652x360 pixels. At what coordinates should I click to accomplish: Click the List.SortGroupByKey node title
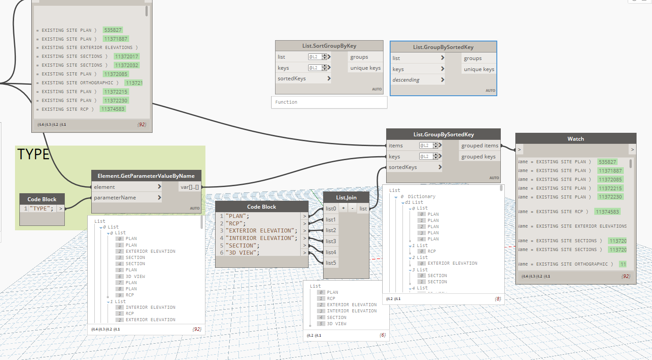[329, 46]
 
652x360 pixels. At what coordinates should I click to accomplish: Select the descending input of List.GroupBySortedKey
[406, 80]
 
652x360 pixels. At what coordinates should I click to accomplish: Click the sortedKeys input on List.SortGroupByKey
[292, 79]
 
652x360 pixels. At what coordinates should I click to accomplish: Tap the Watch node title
[575, 139]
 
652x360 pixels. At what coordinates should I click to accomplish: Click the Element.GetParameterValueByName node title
[146, 176]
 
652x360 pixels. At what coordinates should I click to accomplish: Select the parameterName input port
[115, 198]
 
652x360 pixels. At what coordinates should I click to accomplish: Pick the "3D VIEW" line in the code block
[242, 253]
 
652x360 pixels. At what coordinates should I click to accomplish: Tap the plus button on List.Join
[343, 208]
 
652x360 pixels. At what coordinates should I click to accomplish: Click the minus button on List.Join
[352, 208]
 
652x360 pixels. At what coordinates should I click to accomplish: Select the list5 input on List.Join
[331, 263]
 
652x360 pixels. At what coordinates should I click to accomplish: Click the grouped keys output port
[478, 157]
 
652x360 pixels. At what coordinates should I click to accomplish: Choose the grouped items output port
[480, 146]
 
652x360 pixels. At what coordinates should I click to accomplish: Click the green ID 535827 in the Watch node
[607, 162]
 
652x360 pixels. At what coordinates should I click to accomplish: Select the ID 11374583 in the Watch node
[607, 212]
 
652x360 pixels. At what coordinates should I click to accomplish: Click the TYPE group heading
[33, 154]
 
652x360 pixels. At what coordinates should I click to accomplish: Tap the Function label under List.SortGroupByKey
[286, 102]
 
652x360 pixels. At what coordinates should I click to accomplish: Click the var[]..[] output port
[190, 187]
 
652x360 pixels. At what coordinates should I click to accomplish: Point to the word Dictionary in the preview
[421, 197]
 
